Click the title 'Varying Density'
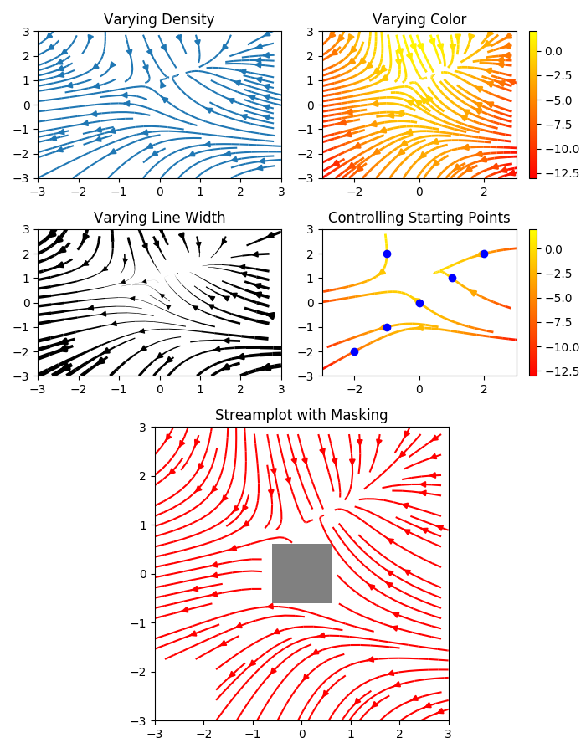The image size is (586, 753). [159, 20]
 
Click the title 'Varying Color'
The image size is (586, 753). [419, 19]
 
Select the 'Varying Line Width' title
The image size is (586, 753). [159, 218]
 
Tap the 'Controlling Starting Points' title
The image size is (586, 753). [419, 218]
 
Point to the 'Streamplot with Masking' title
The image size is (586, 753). [301, 415]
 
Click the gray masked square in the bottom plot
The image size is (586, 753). [301, 573]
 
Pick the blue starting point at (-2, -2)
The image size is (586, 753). [354, 352]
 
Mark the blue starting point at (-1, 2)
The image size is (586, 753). [387, 254]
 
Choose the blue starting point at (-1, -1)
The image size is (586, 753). [387, 327]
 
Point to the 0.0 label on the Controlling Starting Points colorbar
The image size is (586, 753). [553, 249]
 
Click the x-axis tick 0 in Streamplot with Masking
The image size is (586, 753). [302, 735]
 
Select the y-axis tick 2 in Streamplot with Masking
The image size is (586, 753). [143, 476]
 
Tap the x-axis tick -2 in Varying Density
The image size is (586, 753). [79, 192]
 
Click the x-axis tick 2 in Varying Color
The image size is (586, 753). [484, 192]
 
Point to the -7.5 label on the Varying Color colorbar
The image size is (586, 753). [558, 125]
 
